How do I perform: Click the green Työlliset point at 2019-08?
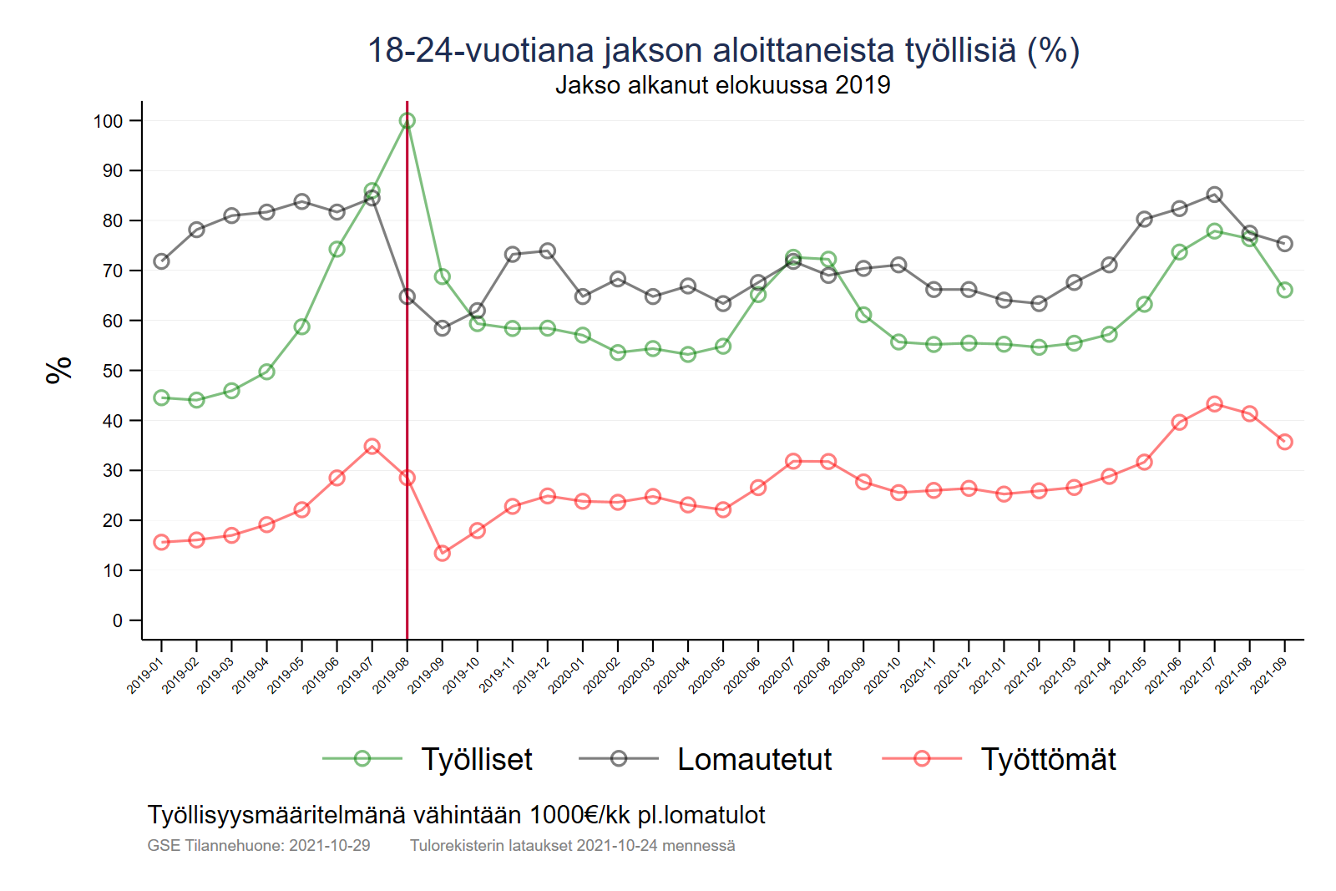(x=407, y=121)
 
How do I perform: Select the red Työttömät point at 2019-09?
(x=443, y=553)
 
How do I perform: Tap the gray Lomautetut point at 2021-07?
(x=1215, y=195)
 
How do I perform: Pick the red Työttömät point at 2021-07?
(x=1215, y=404)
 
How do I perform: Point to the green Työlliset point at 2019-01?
(x=162, y=397)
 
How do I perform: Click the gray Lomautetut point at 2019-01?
(x=162, y=261)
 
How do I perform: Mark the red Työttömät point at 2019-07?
(x=372, y=447)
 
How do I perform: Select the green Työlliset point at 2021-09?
(x=1285, y=290)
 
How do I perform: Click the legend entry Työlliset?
(x=476, y=759)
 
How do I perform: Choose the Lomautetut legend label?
(x=754, y=759)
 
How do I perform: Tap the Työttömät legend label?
(x=1048, y=759)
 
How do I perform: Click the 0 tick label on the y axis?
(x=118, y=620)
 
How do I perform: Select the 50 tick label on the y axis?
(x=113, y=371)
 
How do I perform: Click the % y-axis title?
(x=59, y=370)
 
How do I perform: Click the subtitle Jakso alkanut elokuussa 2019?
(x=723, y=85)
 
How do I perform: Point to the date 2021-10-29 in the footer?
(x=329, y=845)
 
